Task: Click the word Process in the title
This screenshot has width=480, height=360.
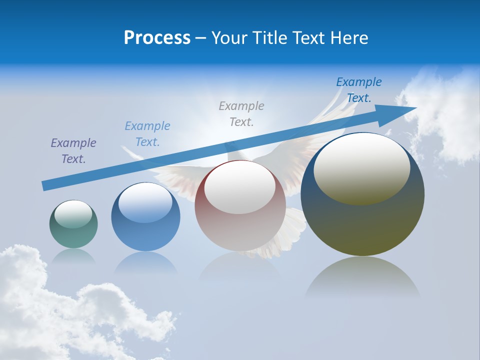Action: tap(157, 38)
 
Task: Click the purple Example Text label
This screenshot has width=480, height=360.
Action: tap(73, 151)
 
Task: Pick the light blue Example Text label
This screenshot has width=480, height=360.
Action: tap(147, 134)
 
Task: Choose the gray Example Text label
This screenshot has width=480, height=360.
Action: tap(241, 113)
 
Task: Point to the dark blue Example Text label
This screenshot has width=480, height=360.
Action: tap(358, 90)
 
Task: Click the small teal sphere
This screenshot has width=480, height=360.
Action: tap(73, 235)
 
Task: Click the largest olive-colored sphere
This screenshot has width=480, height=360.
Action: tap(362, 225)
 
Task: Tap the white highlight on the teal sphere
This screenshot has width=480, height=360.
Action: tap(73, 214)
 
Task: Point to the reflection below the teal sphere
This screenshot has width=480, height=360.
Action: tap(73, 255)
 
